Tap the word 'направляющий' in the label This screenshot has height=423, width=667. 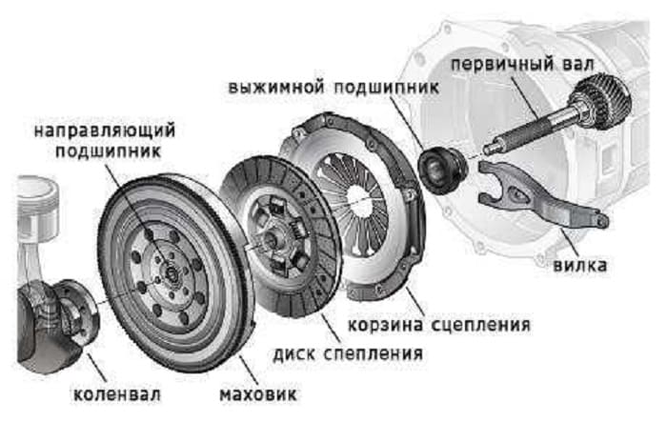click(106, 129)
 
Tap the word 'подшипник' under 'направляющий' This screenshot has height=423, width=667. click(106, 151)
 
